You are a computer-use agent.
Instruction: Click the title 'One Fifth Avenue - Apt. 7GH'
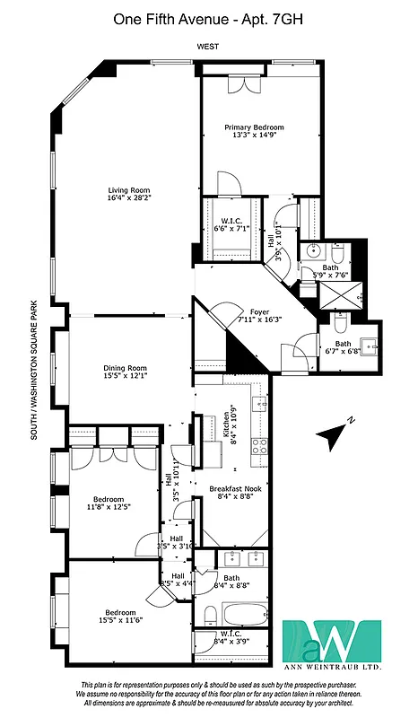209,18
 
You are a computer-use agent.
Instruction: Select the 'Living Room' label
128,190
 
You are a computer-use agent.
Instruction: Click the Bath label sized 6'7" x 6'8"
343,343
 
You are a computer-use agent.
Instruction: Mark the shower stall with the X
344,294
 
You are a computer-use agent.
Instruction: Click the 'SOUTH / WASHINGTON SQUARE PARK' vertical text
33,370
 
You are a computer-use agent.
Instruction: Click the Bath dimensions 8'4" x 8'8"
231,585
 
